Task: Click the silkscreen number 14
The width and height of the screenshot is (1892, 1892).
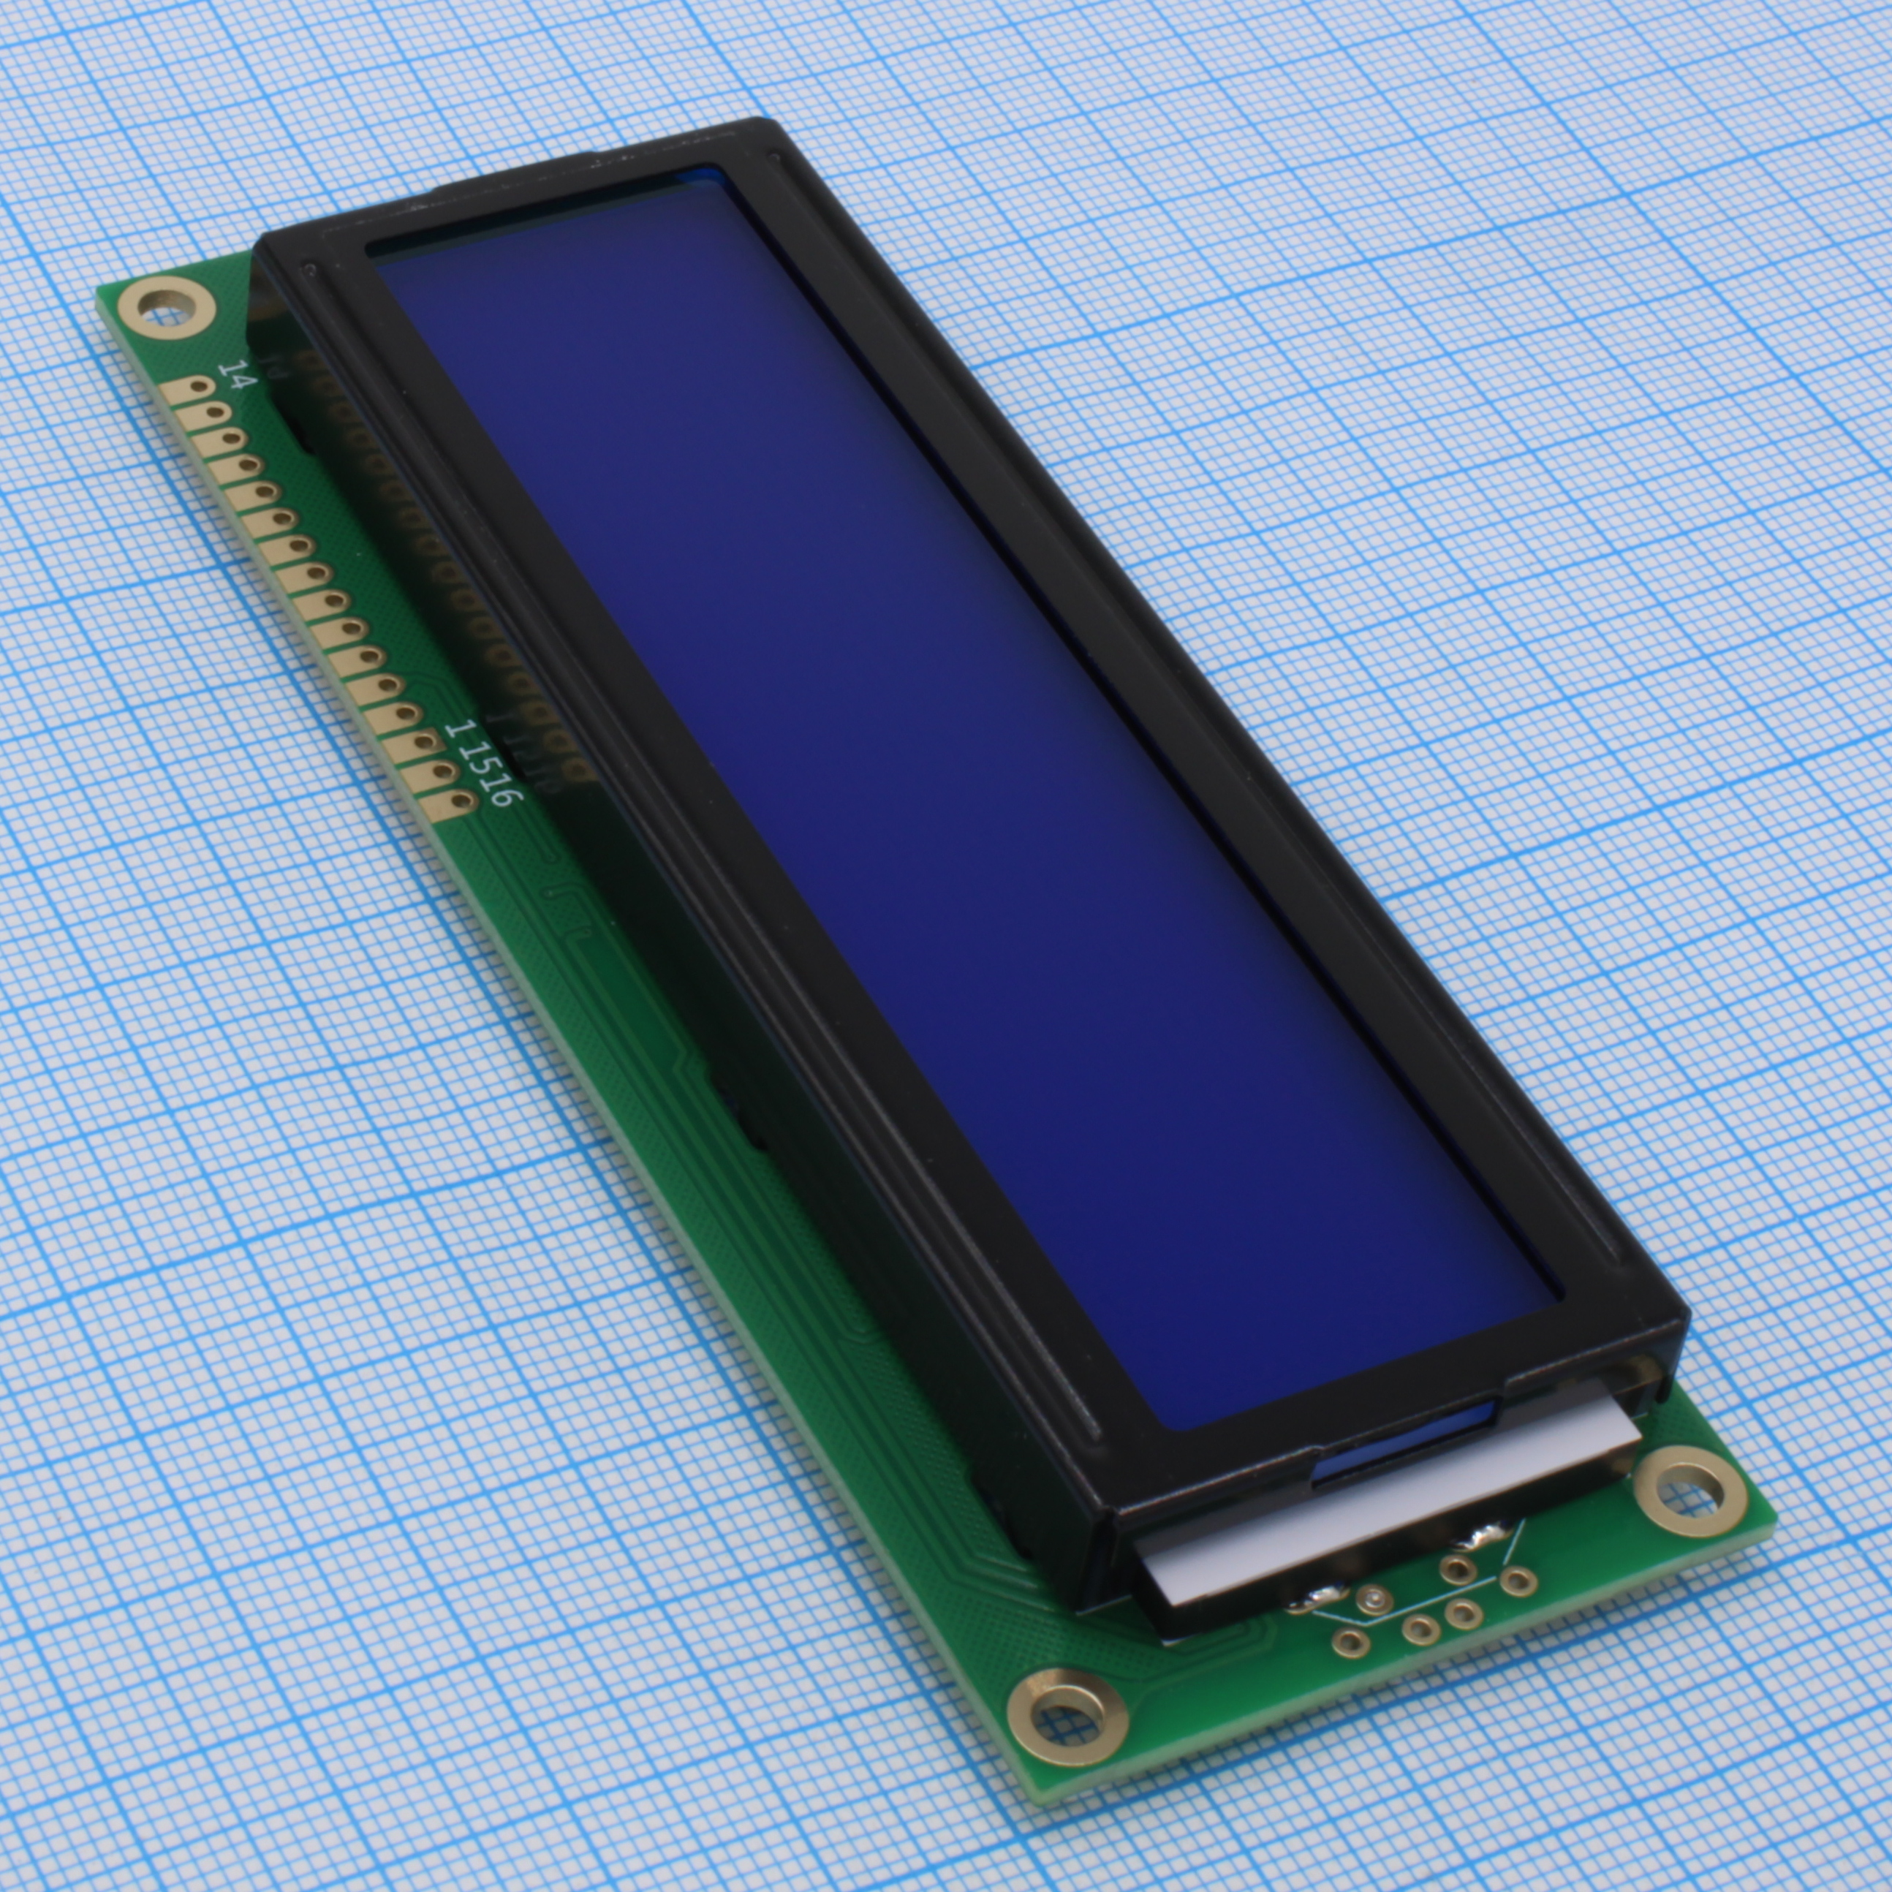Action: tap(234, 375)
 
